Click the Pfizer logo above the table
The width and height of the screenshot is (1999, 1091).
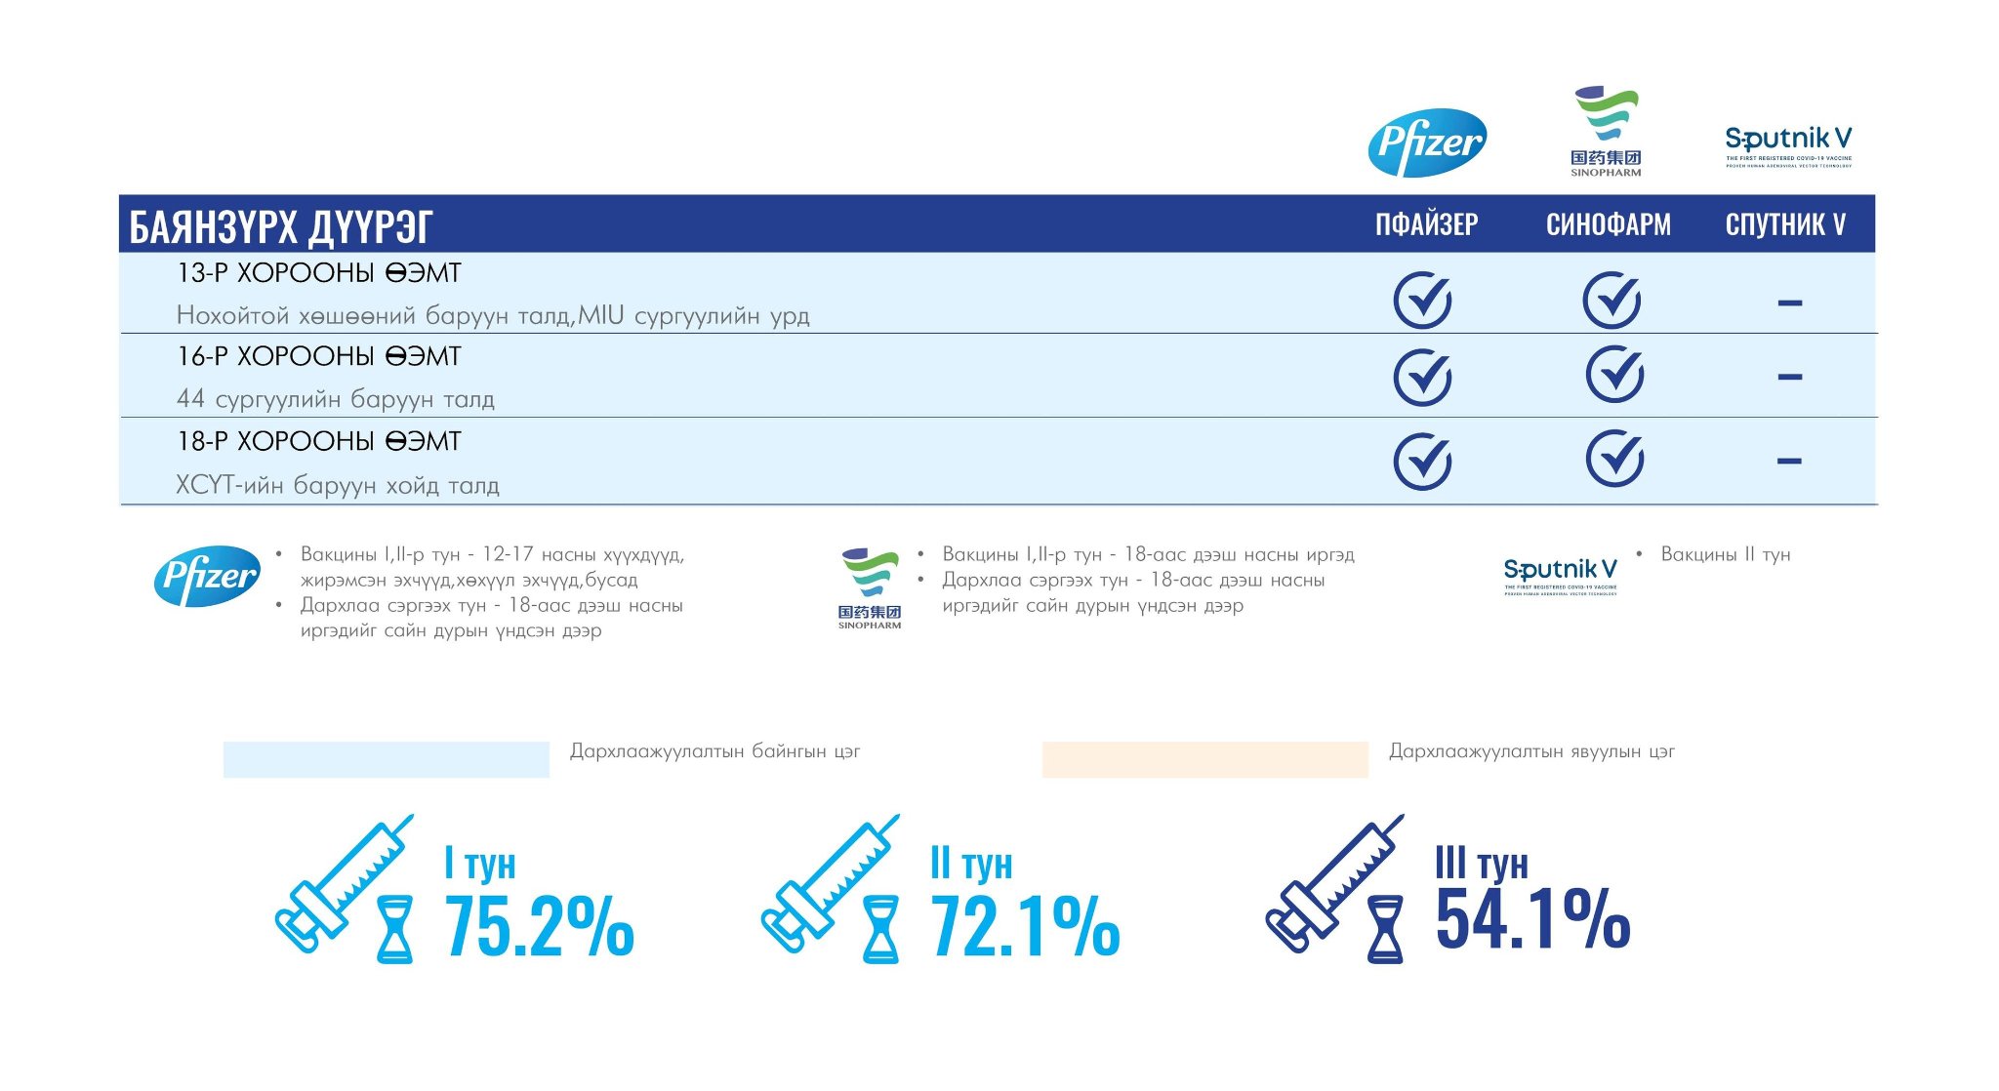pyautogui.click(x=1427, y=142)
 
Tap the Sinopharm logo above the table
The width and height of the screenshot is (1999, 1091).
pyautogui.click(x=1606, y=132)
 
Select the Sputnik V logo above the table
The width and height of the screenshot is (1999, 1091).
pyautogui.click(x=1788, y=145)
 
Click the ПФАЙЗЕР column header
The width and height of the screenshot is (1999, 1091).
pyautogui.click(x=1426, y=224)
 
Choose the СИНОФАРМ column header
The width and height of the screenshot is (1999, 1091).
pyautogui.click(x=1608, y=224)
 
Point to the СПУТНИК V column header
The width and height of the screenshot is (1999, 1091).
pyautogui.click(x=1785, y=224)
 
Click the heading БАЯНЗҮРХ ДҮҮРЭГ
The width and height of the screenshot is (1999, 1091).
pyautogui.click(x=281, y=226)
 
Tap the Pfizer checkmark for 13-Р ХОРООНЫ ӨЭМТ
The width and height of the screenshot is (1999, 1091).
pyautogui.click(x=1422, y=300)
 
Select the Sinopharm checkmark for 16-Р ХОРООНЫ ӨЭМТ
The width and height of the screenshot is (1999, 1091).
pyautogui.click(x=1613, y=375)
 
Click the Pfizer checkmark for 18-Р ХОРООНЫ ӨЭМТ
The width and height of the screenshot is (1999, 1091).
pyautogui.click(x=1422, y=461)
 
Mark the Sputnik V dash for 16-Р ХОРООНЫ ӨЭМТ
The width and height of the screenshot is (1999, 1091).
pyautogui.click(x=1789, y=377)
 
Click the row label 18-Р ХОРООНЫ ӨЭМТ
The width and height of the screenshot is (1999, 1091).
pyautogui.click(x=318, y=442)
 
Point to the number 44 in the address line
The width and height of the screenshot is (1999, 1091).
pyautogui.click(x=190, y=399)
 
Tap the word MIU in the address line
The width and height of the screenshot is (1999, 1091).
pyautogui.click(x=600, y=315)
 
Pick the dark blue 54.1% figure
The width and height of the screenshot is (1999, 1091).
pyautogui.click(x=1532, y=919)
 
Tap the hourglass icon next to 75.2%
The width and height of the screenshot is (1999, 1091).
pyautogui.click(x=394, y=930)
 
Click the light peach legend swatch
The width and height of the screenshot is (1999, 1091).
pyautogui.click(x=1204, y=759)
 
